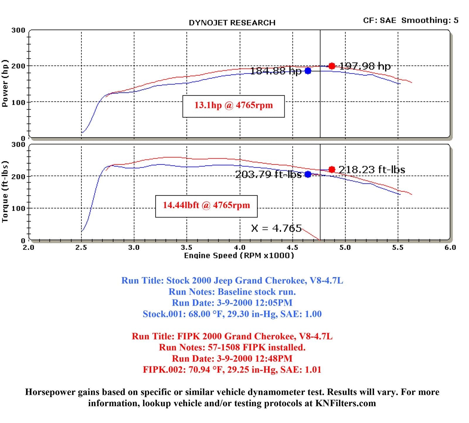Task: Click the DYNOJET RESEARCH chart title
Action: pyautogui.click(x=232, y=23)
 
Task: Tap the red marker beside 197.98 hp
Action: pyautogui.click(x=332, y=66)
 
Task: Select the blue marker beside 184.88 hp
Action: pyautogui.click(x=308, y=71)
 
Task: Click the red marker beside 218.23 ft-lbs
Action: pyautogui.click(x=332, y=169)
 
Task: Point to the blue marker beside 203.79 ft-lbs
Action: pyautogui.click(x=308, y=174)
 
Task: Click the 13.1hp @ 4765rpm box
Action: pyautogui.click(x=233, y=106)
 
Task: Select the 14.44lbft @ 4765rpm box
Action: pyautogui.click(x=206, y=206)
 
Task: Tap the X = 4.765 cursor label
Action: pyautogui.click(x=276, y=228)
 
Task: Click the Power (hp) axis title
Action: pyautogui.click(x=5, y=84)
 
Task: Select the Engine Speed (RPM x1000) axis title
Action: pyautogui.click(x=239, y=256)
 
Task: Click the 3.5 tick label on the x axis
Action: pyautogui.click(x=186, y=248)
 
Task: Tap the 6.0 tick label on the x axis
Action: pyautogui.click(x=450, y=248)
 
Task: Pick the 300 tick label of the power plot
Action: pyautogui.click(x=18, y=30)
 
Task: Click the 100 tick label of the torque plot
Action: pyautogui.click(x=18, y=208)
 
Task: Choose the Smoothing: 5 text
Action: pyautogui.click(x=430, y=20)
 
